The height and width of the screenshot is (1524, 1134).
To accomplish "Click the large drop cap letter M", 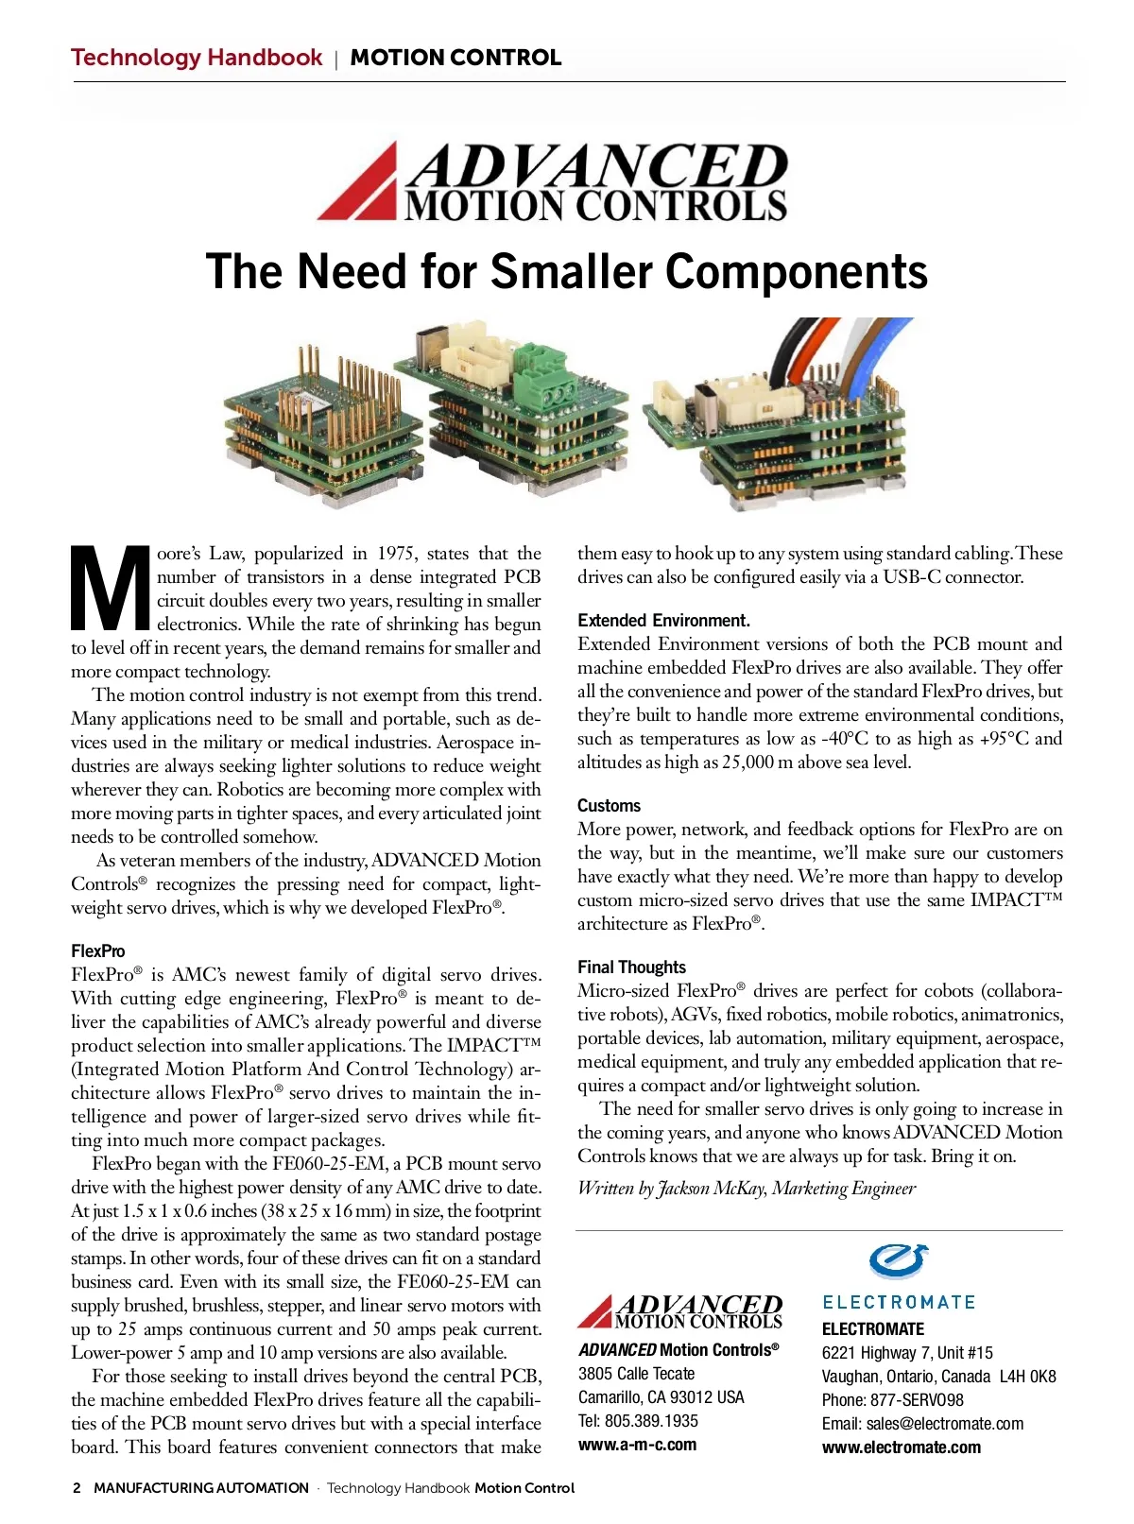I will (x=111, y=588).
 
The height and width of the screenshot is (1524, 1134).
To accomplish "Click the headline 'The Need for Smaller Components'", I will (x=566, y=272).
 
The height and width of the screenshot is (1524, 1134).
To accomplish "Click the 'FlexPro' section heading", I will (x=97, y=951).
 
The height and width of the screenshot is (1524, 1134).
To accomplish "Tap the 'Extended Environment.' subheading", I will (x=663, y=621).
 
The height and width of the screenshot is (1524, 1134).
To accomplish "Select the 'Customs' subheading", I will (x=609, y=806).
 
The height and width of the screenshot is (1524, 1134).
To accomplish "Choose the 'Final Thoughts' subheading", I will (x=631, y=967).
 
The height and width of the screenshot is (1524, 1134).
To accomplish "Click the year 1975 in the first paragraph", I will (x=396, y=554).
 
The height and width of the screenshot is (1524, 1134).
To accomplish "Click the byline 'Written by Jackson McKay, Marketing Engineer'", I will (x=747, y=1189).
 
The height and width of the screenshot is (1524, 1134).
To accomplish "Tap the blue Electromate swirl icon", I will (x=899, y=1260).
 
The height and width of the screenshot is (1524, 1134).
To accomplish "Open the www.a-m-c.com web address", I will (x=637, y=1446).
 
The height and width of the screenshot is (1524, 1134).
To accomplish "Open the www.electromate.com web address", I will (x=901, y=1447).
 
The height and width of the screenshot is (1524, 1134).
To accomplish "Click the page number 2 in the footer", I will (x=77, y=1488).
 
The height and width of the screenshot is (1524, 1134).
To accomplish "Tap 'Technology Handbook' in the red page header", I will (x=197, y=58).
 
